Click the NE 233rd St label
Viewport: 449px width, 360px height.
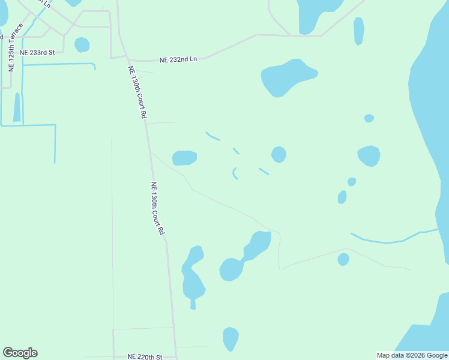click(37, 52)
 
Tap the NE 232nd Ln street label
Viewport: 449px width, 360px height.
click(178, 59)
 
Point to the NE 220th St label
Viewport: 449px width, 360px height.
click(145, 356)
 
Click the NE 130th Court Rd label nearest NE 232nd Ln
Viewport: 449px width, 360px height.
click(137, 92)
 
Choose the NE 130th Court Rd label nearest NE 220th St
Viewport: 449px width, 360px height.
click(157, 208)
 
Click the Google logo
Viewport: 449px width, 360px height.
click(20, 353)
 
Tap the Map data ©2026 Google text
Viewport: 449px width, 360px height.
click(412, 355)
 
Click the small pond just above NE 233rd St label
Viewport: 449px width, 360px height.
click(82, 44)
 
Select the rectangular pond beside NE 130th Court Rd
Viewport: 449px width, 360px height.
click(184, 158)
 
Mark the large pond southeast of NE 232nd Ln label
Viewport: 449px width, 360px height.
click(288, 77)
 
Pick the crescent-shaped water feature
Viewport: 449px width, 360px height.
click(234, 173)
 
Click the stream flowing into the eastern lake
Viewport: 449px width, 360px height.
click(390, 240)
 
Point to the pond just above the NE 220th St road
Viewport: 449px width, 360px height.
click(231, 338)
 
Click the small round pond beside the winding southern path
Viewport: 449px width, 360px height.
click(343, 259)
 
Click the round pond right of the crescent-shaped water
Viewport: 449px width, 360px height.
click(279, 154)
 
